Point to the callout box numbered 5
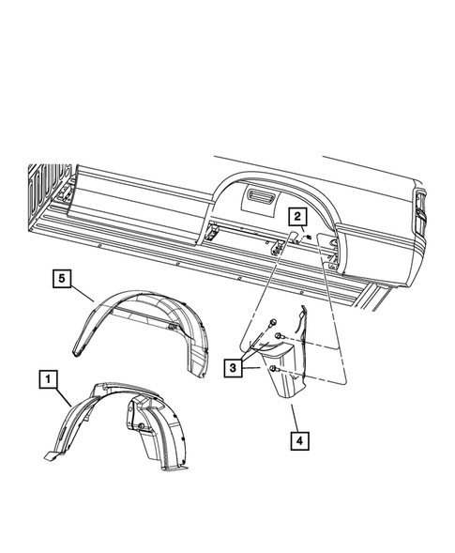tap(61, 278)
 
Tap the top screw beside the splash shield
tap(269, 325)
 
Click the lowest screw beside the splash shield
tap(273, 371)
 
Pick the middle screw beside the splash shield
tap(281, 335)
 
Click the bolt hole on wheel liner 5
tap(172, 325)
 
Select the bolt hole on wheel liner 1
tap(140, 427)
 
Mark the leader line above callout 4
tap(291, 412)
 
